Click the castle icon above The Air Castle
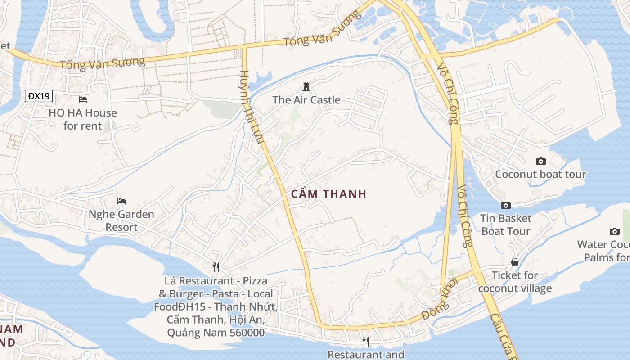tap(306, 86)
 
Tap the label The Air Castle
tap(306, 100)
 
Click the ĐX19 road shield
tap(39, 96)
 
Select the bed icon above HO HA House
tap(83, 99)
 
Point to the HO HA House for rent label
tap(83, 119)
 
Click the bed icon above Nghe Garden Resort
tap(121, 201)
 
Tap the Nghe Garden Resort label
tap(121, 220)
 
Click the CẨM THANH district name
tap(329, 194)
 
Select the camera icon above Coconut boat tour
tap(541, 161)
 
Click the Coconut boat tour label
tap(540, 174)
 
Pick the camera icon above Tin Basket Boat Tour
tap(506, 205)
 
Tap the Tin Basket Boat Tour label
tap(506, 225)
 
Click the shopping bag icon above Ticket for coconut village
tap(515, 262)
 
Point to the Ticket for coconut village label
tap(515, 282)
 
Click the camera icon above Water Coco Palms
tap(615, 231)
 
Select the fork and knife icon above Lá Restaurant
tap(216, 267)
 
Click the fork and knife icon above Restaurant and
tap(366, 342)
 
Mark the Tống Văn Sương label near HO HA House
tap(103, 63)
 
